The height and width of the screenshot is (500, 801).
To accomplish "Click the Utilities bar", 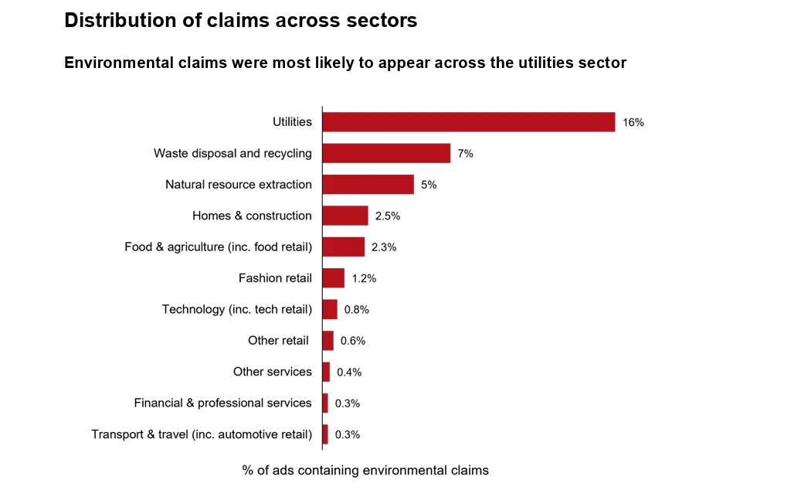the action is point(468,122).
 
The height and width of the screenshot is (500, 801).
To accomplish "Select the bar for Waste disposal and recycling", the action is point(386,153).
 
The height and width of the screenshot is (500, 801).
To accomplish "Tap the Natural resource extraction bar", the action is point(368,185).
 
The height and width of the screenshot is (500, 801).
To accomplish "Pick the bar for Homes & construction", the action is point(344,216).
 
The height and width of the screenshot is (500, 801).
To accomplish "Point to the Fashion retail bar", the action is point(333,278).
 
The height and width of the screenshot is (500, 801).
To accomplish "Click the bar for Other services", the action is point(326,372).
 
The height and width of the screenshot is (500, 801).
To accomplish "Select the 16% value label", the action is point(633,123).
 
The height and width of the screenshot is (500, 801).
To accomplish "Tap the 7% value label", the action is point(465,154).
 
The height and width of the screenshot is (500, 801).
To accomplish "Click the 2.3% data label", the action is point(384,247).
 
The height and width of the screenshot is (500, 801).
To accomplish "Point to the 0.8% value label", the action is point(357,310).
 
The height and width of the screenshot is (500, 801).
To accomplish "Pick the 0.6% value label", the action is point(353,341).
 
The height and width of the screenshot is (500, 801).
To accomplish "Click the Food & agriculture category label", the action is point(218,247).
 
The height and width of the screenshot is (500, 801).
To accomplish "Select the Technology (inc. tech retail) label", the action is point(237,309).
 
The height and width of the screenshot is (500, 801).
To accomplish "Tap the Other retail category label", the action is point(278,341).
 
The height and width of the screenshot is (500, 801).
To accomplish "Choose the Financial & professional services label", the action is point(222,403).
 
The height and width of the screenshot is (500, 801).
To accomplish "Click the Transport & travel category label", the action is point(202,434).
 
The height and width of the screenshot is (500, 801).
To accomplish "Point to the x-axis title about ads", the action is point(365,471).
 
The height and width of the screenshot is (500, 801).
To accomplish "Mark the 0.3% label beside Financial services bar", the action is point(348,403).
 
